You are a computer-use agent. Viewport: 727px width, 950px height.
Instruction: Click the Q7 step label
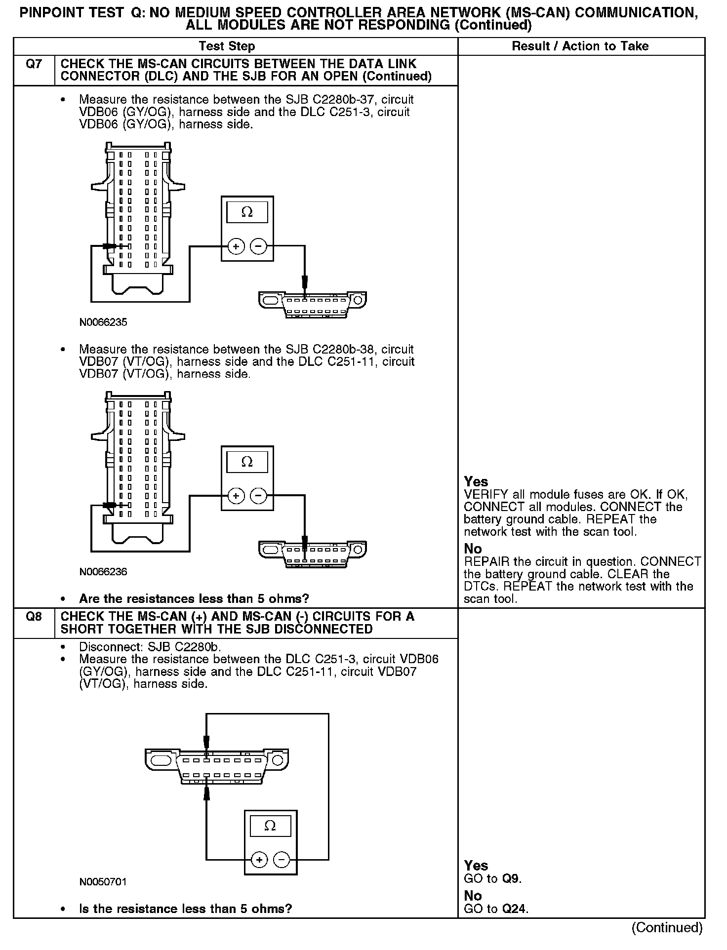[33, 64]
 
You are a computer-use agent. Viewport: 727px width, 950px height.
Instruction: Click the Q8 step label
[33, 617]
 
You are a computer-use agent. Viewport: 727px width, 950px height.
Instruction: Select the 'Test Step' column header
[227, 46]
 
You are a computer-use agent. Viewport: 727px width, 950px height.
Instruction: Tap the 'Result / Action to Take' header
[580, 46]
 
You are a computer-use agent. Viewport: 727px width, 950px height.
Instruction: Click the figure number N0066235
[103, 322]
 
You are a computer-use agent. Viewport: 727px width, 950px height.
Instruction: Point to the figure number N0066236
[103, 572]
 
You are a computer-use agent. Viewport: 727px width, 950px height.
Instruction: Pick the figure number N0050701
[103, 882]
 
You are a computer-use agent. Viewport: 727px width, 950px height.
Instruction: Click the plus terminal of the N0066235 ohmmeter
[236, 246]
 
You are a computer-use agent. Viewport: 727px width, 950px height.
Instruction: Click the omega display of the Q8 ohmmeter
[270, 826]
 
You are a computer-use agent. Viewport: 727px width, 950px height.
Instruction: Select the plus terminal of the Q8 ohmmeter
[259, 860]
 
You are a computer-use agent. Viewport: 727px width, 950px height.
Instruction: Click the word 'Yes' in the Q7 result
[476, 481]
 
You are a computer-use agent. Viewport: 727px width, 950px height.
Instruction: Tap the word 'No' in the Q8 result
[473, 896]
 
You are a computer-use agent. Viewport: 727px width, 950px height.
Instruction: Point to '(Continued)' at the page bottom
[667, 927]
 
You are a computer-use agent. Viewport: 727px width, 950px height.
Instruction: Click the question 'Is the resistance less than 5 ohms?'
[185, 909]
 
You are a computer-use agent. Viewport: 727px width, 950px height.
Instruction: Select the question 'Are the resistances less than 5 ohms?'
[194, 599]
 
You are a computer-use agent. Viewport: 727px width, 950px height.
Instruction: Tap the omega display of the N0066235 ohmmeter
[247, 212]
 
